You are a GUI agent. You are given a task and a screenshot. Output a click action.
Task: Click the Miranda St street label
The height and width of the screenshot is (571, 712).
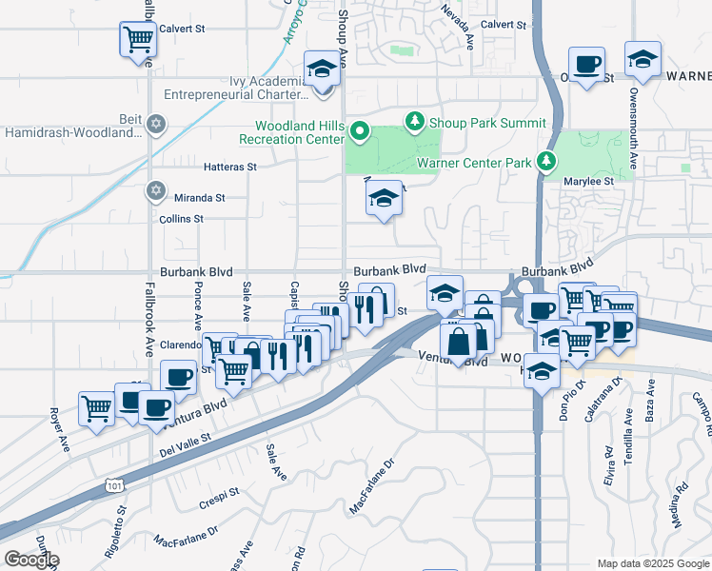pos(199,198)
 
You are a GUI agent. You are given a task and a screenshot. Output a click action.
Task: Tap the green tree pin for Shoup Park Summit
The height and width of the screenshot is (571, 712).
pos(414,122)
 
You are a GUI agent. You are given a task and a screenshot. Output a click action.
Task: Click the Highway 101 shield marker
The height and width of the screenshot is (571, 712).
pos(113,484)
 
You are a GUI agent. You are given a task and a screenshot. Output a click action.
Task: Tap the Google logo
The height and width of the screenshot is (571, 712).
pos(31,560)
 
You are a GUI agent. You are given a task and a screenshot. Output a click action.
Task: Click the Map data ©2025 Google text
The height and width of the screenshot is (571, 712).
pos(652,563)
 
